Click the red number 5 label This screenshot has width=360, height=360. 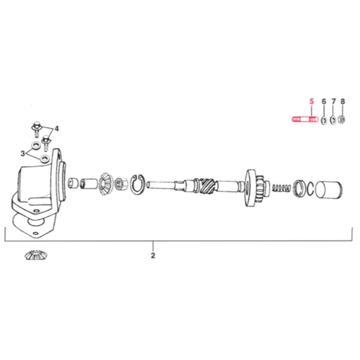tap(311, 103)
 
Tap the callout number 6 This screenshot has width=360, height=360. tap(324, 103)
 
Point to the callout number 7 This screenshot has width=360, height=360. tap(334, 103)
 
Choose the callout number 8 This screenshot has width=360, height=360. tap(343, 103)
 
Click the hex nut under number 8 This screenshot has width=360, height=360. tap(342, 120)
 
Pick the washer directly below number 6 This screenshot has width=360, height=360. tap(323, 120)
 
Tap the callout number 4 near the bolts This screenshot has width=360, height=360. tap(57, 129)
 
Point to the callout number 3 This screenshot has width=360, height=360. tap(23, 154)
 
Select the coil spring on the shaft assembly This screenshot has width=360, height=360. tap(280, 188)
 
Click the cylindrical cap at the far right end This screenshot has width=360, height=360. tap(329, 191)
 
